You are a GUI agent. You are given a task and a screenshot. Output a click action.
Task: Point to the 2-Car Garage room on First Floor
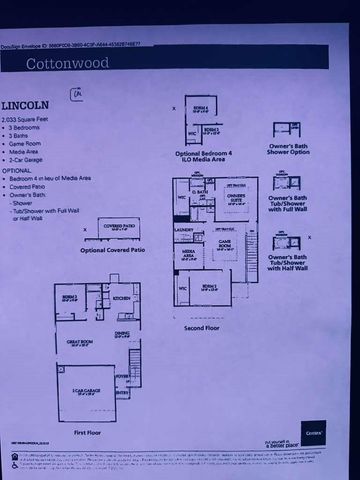[x=83, y=398]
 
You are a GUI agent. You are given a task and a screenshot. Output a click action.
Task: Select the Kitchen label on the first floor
[x=123, y=298]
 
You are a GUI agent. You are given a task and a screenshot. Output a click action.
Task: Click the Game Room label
[x=228, y=243]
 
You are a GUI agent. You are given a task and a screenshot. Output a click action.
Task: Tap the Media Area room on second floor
[x=187, y=254]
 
